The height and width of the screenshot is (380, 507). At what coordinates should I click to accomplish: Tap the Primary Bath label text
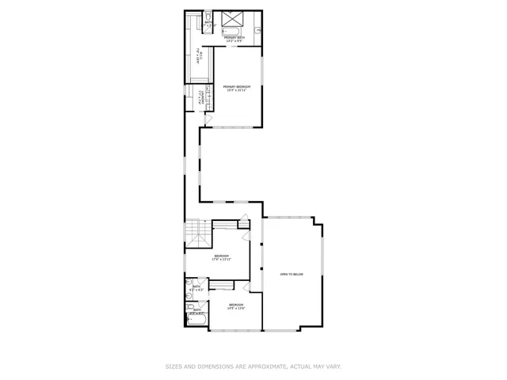[234, 38]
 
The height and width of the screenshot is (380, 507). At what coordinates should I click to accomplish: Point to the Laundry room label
[204, 98]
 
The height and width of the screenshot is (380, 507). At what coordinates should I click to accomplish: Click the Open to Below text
[292, 274]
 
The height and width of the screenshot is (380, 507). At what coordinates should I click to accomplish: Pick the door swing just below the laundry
[208, 119]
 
